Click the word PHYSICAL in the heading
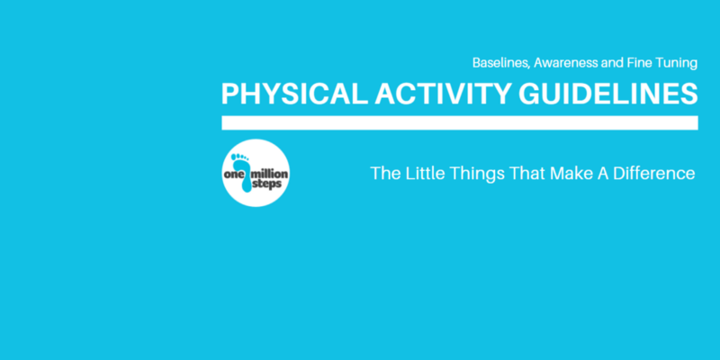(x=295, y=94)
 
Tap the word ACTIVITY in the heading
(x=443, y=94)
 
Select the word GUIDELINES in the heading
(x=608, y=94)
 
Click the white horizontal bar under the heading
(x=460, y=123)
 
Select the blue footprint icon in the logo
(x=243, y=173)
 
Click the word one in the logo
(x=233, y=175)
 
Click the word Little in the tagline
(x=424, y=174)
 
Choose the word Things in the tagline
(x=475, y=175)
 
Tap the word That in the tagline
(x=525, y=174)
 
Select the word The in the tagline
(x=384, y=174)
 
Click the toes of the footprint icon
(x=239, y=157)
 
